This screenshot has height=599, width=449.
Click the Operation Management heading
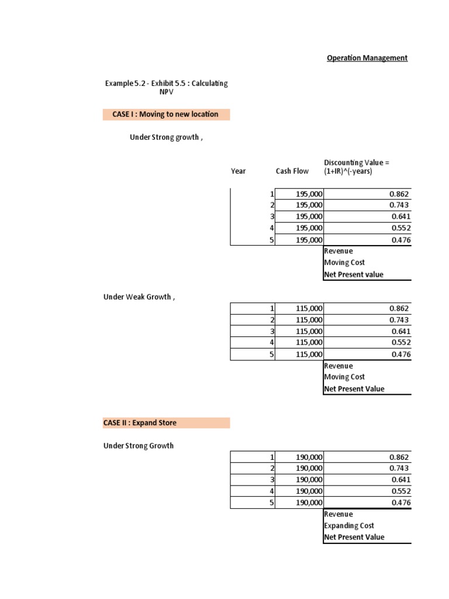(x=367, y=58)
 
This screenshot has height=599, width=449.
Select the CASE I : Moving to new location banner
(x=166, y=114)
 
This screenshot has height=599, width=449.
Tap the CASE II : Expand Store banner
(x=166, y=422)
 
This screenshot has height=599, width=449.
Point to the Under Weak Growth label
(x=139, y=297)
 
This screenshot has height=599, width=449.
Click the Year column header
(x=239, y=171)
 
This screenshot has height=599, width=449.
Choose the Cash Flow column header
(x=292, y=171)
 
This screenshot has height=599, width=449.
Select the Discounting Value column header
(x=357, y=167)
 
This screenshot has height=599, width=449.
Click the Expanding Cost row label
(x=349, y=525)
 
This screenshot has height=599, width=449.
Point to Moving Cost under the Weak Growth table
(x=344, y=377)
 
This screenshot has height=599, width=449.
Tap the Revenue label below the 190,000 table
(x=339, y=514)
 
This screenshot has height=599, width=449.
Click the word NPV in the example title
(x=167, y=92)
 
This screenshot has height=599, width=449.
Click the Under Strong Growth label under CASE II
(x=139, y=445)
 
